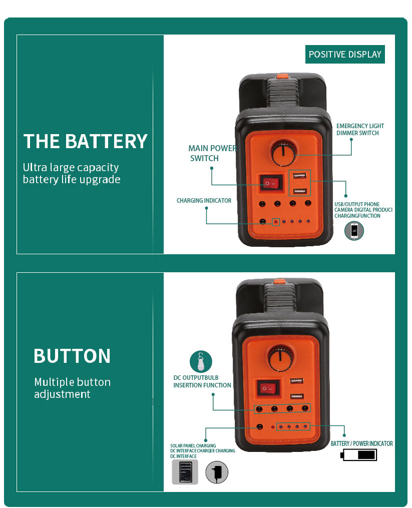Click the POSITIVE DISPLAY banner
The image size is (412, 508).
tap(345, 55)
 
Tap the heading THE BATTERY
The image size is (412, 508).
tap(86, 142)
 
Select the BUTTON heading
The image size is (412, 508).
tap(72, 356)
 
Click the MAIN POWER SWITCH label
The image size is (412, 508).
tap(212, 153)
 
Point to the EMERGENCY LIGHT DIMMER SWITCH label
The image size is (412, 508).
tap(360, 130)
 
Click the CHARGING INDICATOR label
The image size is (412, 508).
tap(204, 201)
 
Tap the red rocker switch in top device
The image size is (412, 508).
tap(271, 184)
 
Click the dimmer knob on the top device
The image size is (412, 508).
tap(282, 152)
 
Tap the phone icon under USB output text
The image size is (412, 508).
tap(354, 231)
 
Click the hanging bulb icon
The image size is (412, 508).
tap(201, 361)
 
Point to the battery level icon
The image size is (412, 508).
tap(358, 455)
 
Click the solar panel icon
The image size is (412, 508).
tap(185, 472)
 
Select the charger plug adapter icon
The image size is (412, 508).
tap(217, 472)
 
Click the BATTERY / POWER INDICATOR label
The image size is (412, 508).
tap(361, 444)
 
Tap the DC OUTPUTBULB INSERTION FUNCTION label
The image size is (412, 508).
tap(202, 381)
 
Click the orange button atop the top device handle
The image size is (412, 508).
tap(282, 77)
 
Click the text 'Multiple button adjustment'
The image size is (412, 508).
tap(72, 388)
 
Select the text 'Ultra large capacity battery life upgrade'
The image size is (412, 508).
tap(72, 173)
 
